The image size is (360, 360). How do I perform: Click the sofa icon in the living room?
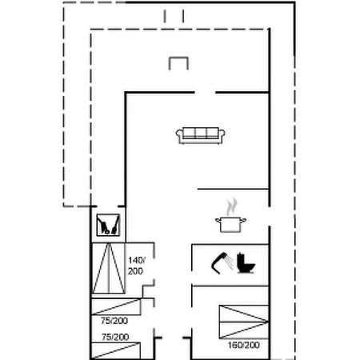pos(200,135)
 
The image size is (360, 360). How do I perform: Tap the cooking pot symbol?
pos(230,225)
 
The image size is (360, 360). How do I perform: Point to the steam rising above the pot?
pos(231,207)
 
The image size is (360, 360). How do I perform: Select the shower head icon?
pos(222,263)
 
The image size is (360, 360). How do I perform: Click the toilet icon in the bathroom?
pos(246,263)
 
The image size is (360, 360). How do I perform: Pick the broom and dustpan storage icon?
pos(108,225)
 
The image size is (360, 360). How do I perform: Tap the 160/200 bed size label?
pos(244,345)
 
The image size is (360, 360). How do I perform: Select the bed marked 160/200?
pos(244,322)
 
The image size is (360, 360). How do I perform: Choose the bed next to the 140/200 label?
pos(109,268)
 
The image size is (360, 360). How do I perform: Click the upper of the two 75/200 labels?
pos(114,321)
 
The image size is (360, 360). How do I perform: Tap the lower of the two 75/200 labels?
pos(115,337)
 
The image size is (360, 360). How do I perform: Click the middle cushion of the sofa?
pos(201,133)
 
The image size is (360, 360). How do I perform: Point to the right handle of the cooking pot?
pos(243,220)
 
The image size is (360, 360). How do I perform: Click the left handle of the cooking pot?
pos(218,220)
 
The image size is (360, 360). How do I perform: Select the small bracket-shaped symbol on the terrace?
pos(178,63)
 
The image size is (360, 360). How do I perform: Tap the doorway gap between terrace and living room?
pos(205,93)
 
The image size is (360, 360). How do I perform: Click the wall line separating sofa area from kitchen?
pos(233,189)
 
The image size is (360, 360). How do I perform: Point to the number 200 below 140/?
pos(135,271)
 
